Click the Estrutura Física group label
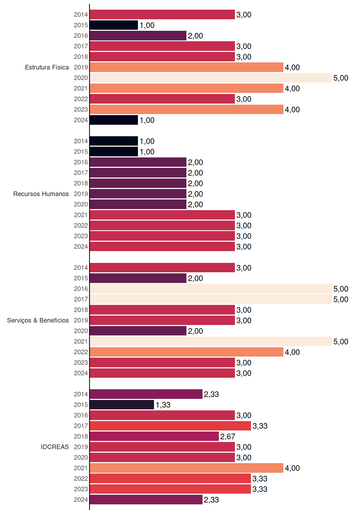[47, 67]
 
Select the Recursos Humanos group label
[41, 194]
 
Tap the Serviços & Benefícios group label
[38, 320]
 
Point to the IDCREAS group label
[55, 447]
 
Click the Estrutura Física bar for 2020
[211, 78]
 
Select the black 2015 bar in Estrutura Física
[114, 25]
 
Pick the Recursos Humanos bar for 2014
[114, 141]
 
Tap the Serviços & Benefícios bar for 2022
[187, 352]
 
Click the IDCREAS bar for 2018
[154, 436]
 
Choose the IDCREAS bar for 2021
[187, 468]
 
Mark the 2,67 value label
[228, 437]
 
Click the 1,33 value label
[163, 405]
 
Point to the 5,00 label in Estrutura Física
[341, 78]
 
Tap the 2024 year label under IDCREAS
[81, 500]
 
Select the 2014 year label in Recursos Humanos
[81, 141]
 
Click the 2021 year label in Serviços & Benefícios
[81, 342]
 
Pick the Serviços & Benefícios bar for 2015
[138, 278]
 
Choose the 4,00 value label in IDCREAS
[292, 468]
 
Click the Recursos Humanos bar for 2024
[162, 247]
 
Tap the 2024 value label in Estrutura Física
[147, 120]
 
